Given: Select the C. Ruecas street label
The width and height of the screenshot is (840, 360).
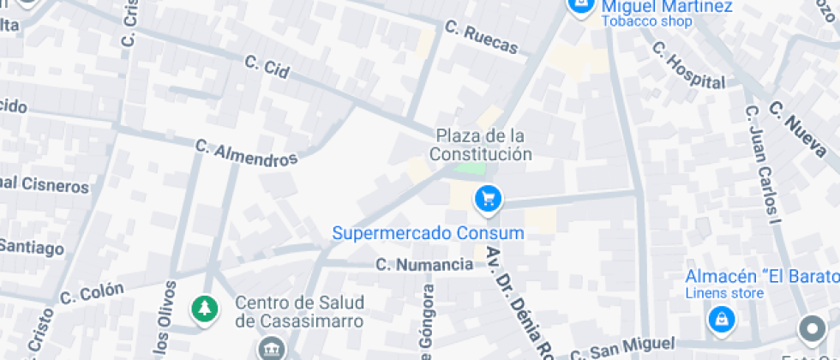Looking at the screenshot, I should (482, 37).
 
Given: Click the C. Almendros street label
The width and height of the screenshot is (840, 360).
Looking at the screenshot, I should (246, 153).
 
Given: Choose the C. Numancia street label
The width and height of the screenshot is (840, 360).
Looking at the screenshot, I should (423, 265).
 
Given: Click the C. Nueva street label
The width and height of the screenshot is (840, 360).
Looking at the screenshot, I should (802, 131).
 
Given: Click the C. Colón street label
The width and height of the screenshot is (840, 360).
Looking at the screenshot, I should (92, 293).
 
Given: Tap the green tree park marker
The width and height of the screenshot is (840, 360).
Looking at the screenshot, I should (203, 309).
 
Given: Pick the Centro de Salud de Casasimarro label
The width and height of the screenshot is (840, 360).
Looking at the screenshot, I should (299, 312).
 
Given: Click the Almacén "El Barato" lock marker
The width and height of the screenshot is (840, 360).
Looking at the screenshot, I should (721, 321).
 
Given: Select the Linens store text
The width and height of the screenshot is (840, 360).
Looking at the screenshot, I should (724, 294).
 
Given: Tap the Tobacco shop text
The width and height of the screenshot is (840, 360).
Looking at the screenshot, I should (646, 21).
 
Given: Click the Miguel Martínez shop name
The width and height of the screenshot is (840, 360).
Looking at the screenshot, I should (666, 7).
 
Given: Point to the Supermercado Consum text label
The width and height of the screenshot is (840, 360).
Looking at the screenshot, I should (428, 232).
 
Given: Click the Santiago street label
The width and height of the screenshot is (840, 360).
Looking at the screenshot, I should (31, 248).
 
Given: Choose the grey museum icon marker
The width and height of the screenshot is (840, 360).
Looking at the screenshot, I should (272, 349).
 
